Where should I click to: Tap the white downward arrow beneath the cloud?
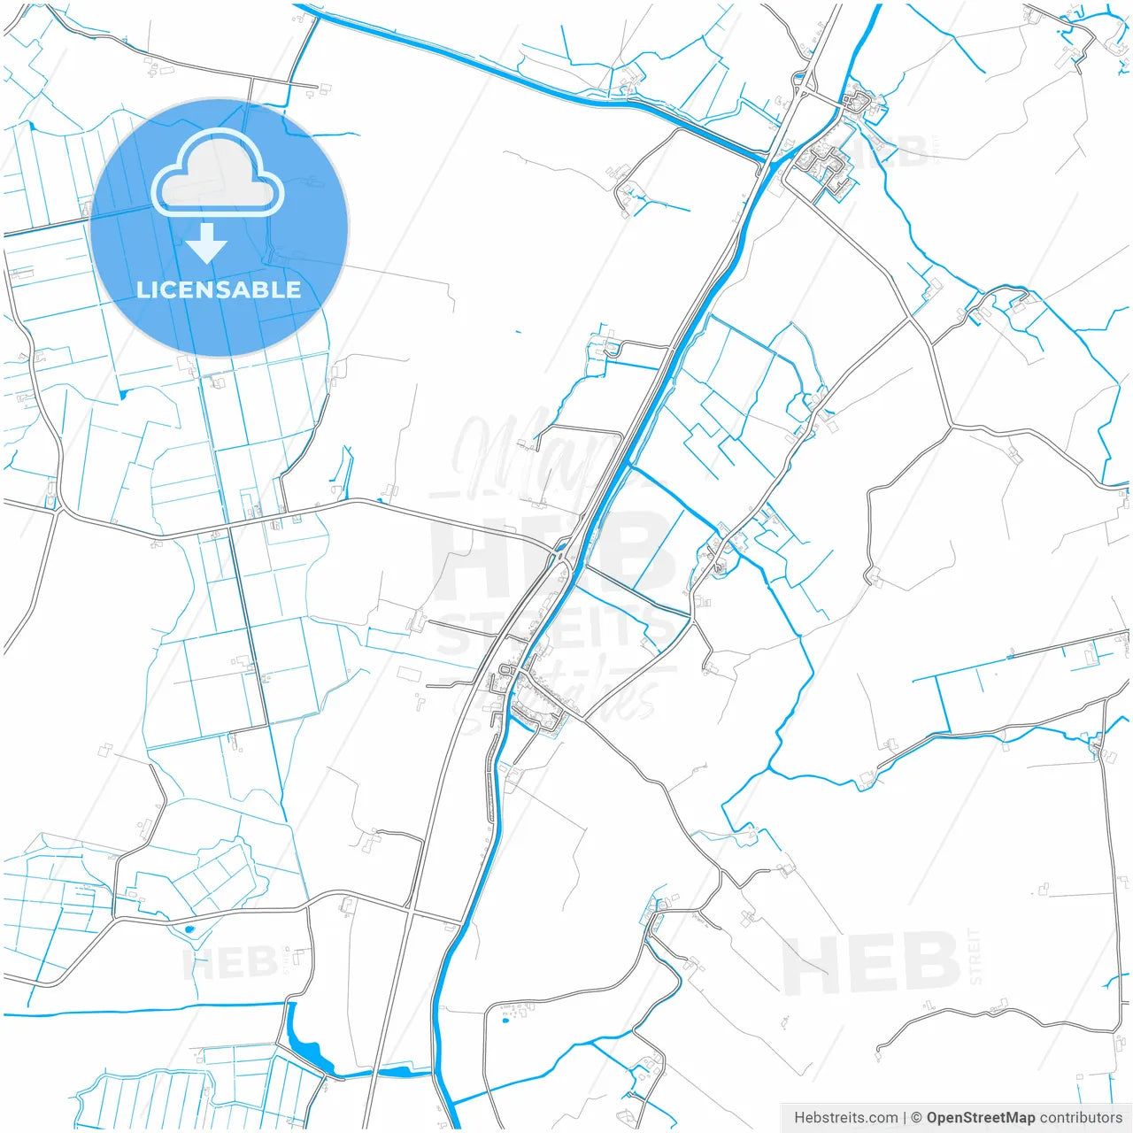pyautogui.click(x=206, y=243)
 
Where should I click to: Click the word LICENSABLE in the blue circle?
pyautogui.click(x=219, y=289)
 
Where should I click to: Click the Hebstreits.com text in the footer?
pyautogui.click(x=845, y=1118)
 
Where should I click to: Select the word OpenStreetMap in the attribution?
pyautogui.click(x=980, y=1118)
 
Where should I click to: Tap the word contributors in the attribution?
pyautogui.click(x=1080, y=1118)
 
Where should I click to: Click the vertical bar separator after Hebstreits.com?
pyautogui.click(x=904, y=1118)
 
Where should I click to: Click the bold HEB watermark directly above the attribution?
pyautogui.click(x=872, y=962)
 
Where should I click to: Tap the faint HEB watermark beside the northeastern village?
pyautogui.click(x=898, y=150)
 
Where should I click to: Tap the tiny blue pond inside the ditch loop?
pyautogui.click(x=189, y=930)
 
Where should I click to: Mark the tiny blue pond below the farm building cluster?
pyautogui.click(x=505, y=1021)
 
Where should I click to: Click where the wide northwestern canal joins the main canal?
pyautogui.click(x=763, y=158)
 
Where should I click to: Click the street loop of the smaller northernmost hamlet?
pyautogui.click(x=856, y=102)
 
